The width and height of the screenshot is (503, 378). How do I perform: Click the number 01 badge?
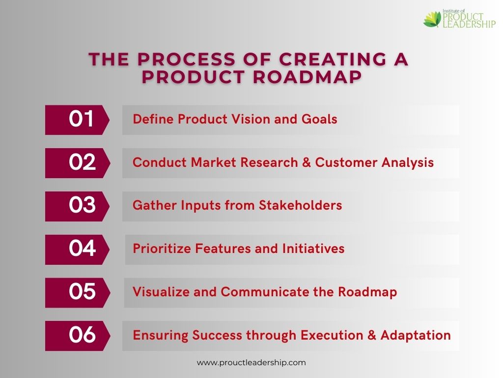pos(77,120)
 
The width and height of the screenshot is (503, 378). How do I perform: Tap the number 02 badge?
pos(77,163)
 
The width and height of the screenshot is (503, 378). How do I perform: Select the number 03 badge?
pos(77,206)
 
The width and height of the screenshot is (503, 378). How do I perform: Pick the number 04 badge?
pos(77,250)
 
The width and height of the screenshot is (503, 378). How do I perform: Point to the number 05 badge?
pos(77,293)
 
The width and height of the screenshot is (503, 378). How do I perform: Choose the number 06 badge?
pos(77,336)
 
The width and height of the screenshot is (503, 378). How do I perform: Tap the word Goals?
pos(319,119)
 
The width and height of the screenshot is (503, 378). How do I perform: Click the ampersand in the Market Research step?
pos(307,162)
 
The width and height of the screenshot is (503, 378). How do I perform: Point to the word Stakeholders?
pos(301,205)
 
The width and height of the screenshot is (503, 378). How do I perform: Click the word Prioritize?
pos(162,249)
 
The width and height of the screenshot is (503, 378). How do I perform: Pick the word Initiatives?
pos(313,249)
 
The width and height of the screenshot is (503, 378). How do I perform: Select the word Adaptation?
pos(416,336)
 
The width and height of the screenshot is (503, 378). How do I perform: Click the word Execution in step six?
pos(332,335)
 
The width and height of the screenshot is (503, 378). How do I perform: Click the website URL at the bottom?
pos(251,363)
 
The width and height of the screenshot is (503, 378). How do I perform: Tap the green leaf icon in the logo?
pos(432,20)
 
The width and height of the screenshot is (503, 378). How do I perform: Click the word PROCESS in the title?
pos(186,60)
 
